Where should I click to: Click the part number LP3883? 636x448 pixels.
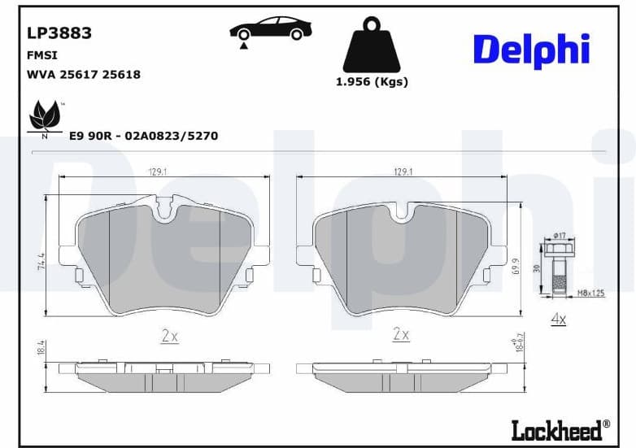point(59,33)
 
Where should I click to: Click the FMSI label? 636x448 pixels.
point(43,55)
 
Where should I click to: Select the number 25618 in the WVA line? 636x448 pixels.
point(121,75)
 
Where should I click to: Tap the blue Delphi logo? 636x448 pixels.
point(531,50)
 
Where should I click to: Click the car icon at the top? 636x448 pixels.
point(270,30)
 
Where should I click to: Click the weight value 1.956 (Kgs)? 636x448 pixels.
point(372,82)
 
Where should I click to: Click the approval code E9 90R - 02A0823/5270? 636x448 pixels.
point(144,136)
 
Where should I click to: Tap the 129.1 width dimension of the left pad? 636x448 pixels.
point(156,172)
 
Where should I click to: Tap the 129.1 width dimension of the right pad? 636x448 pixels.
point(403,172)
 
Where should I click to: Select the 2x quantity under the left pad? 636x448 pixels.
point(169,335)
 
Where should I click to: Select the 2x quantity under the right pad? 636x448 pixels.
point(401,334)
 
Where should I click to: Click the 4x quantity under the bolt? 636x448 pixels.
point(558,320)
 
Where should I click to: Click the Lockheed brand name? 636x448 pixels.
point(559,428)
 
